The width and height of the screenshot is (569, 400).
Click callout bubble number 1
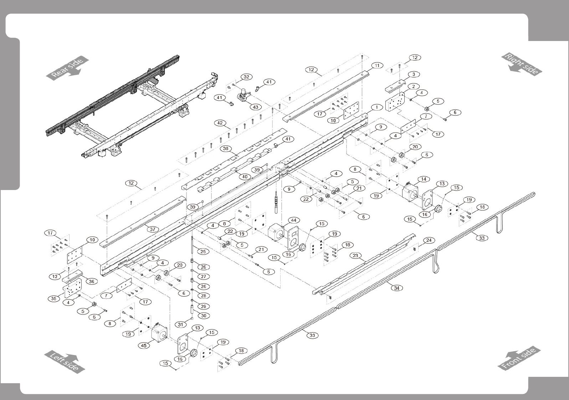coord(376,107)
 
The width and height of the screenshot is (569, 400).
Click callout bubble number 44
coord(294,220)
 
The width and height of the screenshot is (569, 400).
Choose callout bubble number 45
coord(144,345)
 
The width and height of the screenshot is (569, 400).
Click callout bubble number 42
coord(220,123)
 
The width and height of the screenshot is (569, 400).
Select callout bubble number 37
coord(152,229)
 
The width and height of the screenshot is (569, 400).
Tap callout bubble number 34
coord(396,288)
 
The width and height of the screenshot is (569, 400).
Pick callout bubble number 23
coord(355,255)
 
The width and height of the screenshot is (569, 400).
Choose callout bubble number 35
coord(54,298)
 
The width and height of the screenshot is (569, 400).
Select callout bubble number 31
coord(181,324)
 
